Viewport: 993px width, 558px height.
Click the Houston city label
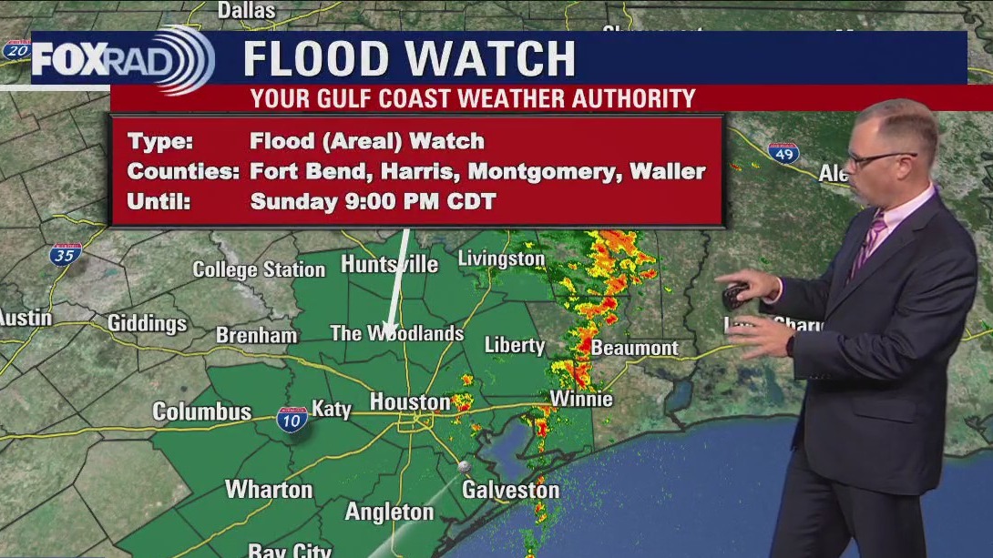(409, 401)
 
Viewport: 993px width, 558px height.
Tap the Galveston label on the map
(510, 490)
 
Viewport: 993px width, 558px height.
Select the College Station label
(259, 269)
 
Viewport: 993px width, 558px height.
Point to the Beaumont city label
(634, 348)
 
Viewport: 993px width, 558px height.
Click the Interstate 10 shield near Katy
(292, 420)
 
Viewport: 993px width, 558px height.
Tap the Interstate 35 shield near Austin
(66, 253)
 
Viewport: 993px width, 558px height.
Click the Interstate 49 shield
(783, 153)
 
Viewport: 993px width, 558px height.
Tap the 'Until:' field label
(159, 202)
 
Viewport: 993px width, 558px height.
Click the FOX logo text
(70, 60)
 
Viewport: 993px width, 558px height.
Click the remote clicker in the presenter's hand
(735, 296)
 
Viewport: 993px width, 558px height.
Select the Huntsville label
(389, 264)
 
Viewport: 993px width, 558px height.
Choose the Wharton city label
(269, 489)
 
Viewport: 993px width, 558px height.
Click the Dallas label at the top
(246, 10)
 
